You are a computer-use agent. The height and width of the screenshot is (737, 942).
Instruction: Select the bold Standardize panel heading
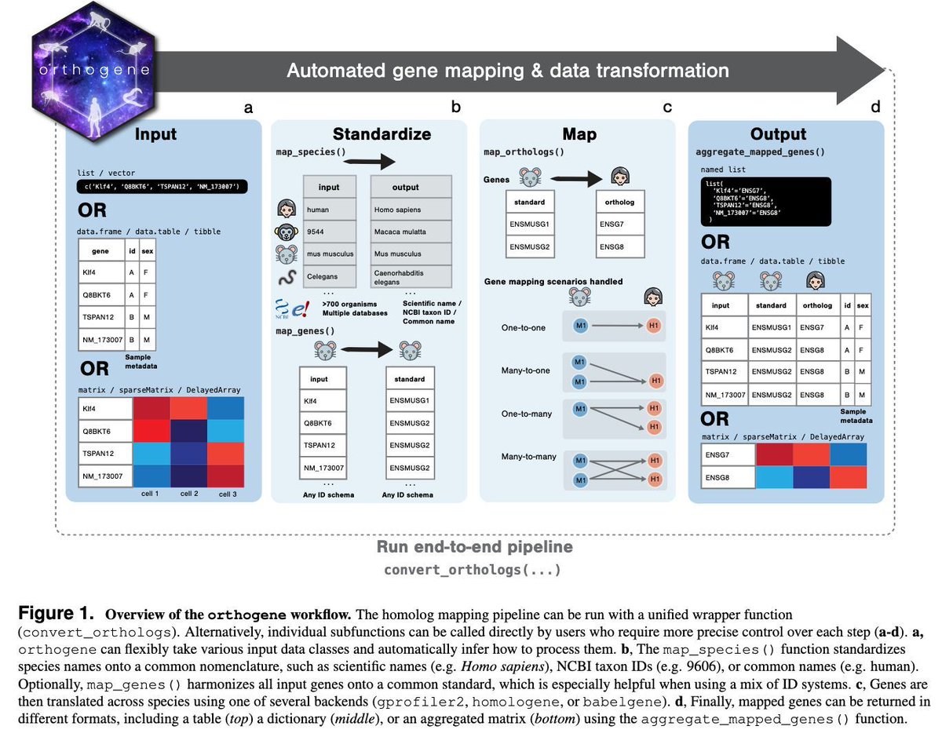coord(382,133)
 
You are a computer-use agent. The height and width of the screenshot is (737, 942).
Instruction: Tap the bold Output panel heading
coord(778,133)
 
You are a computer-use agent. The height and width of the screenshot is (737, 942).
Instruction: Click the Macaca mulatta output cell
coord(410,232)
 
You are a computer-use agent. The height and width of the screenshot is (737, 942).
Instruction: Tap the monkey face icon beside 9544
coord(286,232)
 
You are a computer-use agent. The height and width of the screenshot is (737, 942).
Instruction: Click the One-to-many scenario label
coord(526,414)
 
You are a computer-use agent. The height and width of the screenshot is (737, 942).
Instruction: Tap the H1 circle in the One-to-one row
coord(652,327)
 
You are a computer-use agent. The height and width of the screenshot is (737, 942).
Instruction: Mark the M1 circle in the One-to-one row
coord(580,327)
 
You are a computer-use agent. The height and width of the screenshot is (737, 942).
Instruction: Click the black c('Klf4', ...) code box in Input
coord(162,187)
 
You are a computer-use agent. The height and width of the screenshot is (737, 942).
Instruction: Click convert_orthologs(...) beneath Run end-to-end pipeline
coord(474,569)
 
